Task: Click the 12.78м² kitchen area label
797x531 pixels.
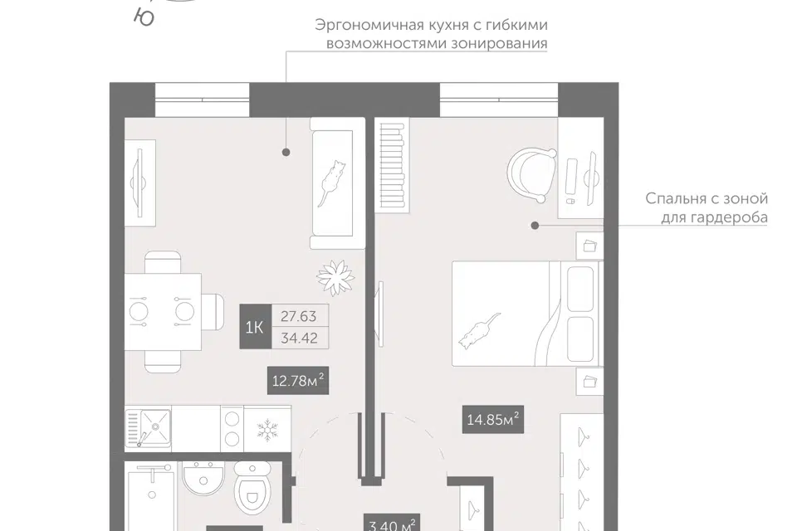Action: [298, 380]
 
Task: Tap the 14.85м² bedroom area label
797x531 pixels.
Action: [492, 419]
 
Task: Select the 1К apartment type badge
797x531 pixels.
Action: [255, 327]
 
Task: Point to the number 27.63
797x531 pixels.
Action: [298, 316]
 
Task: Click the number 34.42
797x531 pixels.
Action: [299, 338]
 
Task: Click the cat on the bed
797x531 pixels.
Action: [479, 331]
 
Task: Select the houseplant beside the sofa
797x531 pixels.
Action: [335, 277]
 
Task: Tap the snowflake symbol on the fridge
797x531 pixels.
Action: [266, 430]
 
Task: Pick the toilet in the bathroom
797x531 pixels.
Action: [252, 488]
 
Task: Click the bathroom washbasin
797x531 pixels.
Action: [203, 478]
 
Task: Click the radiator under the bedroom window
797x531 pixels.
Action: [393, 164]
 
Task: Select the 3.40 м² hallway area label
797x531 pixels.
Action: [391, 524]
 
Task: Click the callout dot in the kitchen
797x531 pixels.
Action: [286, 152]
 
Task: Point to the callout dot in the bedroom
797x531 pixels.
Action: [535, 225]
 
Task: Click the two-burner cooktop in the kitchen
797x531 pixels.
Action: [232, 428]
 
